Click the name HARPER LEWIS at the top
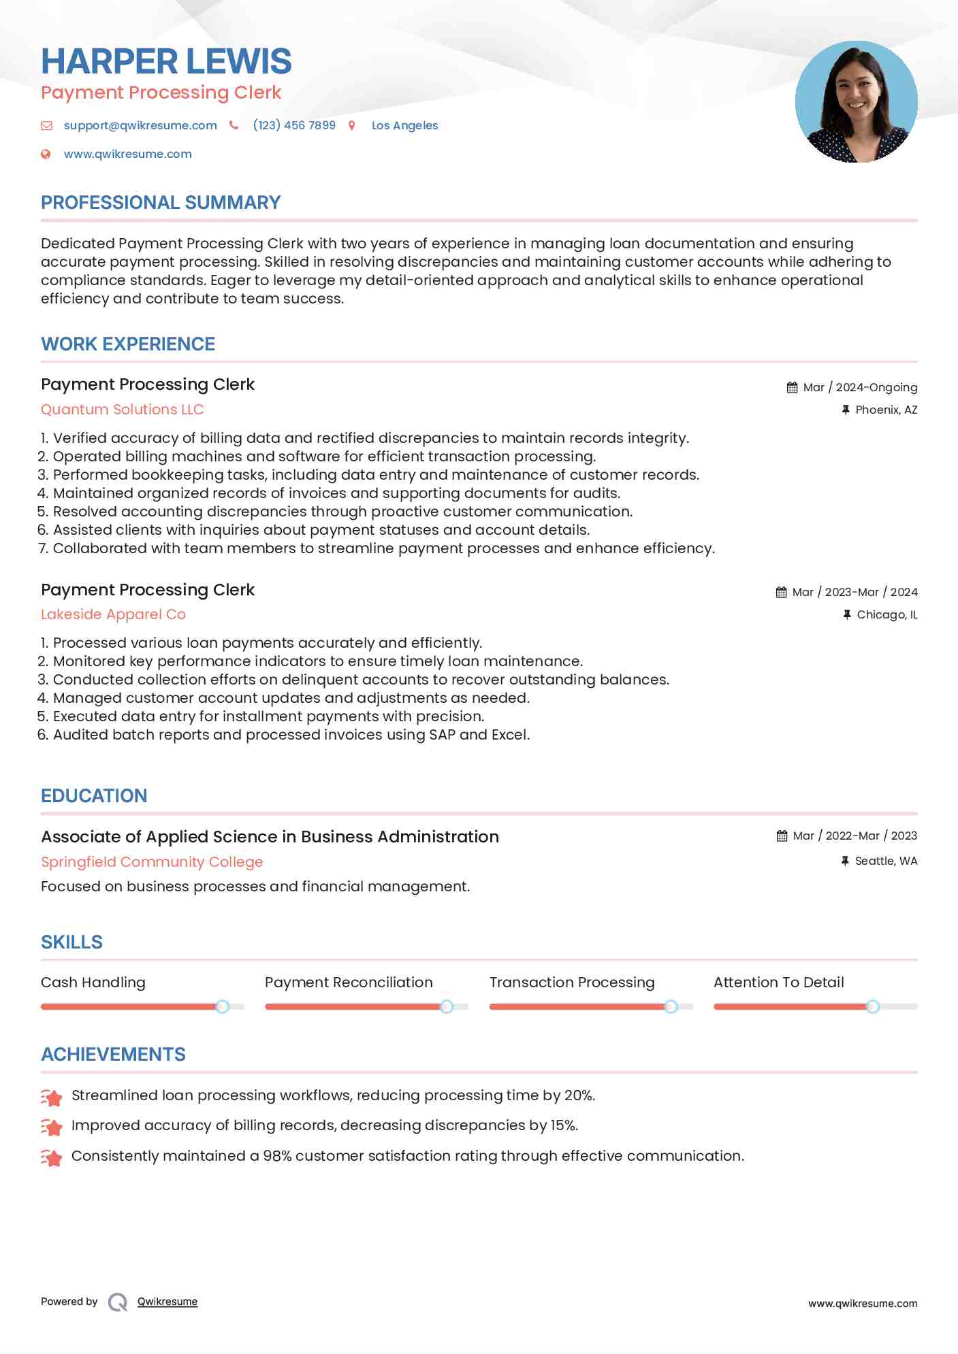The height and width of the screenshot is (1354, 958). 166,62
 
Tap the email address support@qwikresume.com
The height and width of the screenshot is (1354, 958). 140,125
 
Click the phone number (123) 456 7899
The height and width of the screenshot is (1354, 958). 294,125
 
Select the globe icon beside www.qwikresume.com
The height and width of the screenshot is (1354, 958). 46,154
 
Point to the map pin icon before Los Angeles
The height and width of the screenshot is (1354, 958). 352,125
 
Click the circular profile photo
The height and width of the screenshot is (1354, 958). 856,102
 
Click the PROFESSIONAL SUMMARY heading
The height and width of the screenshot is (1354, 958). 161,203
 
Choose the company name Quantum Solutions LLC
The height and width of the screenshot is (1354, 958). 122,410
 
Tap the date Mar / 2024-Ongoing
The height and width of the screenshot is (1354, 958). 860,387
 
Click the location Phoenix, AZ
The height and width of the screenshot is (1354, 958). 886,410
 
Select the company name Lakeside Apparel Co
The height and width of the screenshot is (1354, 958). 113,614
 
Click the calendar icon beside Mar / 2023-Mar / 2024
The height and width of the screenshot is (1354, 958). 781,593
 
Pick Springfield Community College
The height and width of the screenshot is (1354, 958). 152,862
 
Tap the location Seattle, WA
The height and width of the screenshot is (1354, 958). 886,861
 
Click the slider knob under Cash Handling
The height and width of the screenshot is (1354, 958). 222,1006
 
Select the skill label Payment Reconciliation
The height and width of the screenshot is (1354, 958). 349,983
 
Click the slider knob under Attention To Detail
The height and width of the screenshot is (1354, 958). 872,1006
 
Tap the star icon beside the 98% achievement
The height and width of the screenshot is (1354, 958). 52,1157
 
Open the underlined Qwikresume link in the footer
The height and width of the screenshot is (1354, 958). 167,1302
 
